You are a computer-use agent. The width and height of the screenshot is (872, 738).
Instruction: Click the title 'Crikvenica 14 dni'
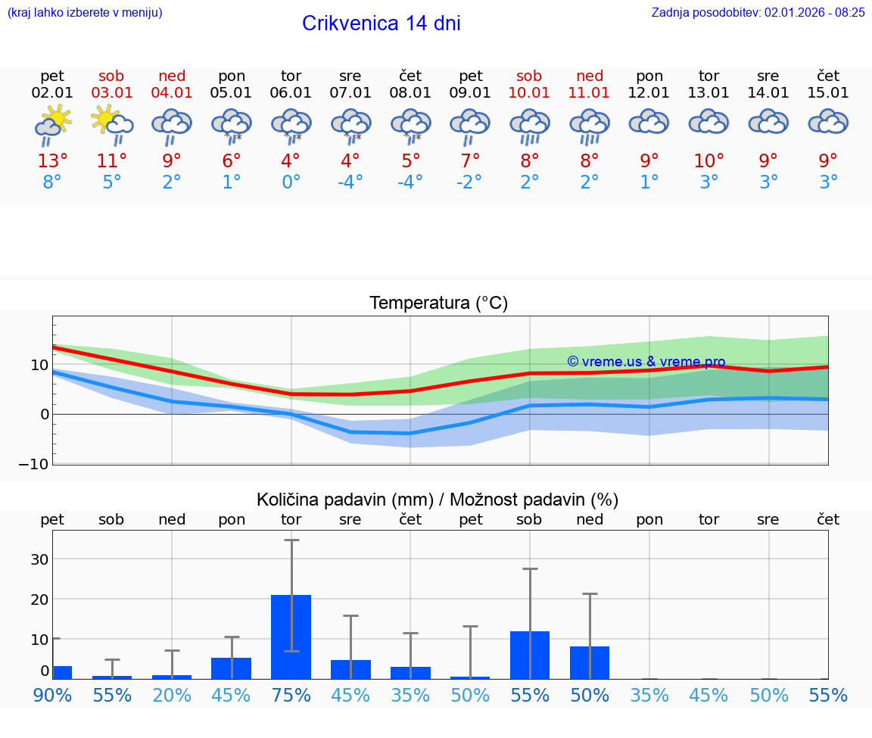point(381,23)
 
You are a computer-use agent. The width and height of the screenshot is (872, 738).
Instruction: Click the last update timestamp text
point(758,12)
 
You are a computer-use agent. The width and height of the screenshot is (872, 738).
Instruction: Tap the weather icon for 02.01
point(52,126)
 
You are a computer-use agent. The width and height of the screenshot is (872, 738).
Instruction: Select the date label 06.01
point(291,93)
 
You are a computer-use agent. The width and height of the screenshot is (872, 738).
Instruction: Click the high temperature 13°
point(52,161)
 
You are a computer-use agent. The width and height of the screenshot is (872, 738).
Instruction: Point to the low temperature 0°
point(291,182)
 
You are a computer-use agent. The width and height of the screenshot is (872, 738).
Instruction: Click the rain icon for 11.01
point(590,126)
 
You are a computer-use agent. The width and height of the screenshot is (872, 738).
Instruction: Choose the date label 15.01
point(828,93)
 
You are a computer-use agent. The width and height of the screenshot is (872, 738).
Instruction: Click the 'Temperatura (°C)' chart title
point(438,304)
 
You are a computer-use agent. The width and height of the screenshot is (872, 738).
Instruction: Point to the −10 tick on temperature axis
point(34,463)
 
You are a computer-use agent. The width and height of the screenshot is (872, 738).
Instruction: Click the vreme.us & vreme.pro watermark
point(646,362)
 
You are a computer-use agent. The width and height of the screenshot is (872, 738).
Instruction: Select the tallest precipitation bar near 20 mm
point(291,637)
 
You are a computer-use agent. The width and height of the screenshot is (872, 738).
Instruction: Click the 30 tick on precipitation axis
point(39,559)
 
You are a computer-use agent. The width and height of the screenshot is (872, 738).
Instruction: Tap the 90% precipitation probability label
point(52,695)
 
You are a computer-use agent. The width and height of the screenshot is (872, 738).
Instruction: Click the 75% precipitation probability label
point(291,695)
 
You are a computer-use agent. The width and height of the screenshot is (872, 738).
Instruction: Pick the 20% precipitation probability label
point(172,695)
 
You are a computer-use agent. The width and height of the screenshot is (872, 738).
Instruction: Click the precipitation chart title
point(438,500)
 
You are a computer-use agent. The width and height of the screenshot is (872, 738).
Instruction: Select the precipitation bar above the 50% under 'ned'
point(590,662)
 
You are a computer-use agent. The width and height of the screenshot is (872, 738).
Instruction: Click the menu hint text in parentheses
point(85,12)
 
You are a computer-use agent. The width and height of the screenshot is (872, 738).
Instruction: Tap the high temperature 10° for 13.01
point(708,161)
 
